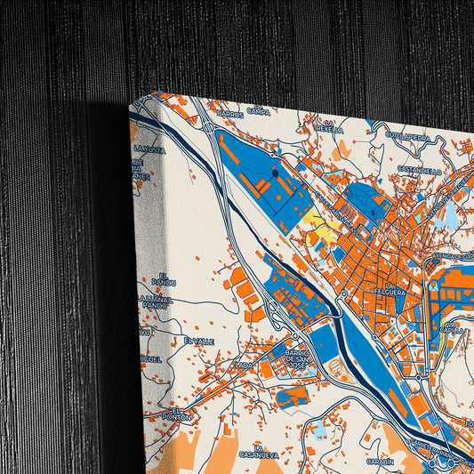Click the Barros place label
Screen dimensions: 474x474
pos(229,115)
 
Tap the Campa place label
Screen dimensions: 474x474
pos(258,112)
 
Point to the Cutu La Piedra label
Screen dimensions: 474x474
pos(408,137)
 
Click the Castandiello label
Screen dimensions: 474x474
pos(420,170)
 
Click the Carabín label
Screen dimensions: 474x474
pos(379,462)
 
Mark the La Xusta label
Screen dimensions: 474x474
pos(149,149)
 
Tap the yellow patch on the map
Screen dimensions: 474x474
pos(320,228)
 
